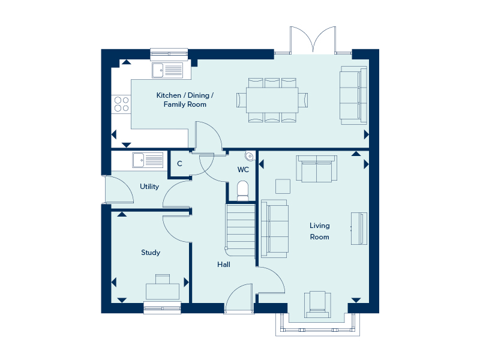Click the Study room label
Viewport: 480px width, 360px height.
151,253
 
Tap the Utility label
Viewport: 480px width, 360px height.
149,187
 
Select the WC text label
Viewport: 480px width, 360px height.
243,170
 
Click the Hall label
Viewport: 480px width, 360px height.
224,264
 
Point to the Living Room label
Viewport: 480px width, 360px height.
319,231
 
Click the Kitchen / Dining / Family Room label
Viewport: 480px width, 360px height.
185,100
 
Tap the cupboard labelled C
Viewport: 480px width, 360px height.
179,163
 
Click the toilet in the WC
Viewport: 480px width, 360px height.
243,190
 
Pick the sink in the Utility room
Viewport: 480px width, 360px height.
147,160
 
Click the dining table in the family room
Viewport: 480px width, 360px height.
272,100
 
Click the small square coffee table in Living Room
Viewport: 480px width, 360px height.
283,185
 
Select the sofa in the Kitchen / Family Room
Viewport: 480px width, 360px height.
353,95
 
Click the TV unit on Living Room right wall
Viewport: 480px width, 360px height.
359,228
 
